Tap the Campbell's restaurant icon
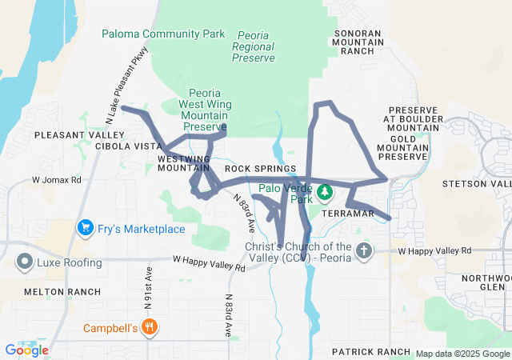pyautogui.click(x=149, y=326)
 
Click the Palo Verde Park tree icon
pyautogui.click(x=324, y=192)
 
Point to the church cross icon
pyautogui.click(x=364, y=251)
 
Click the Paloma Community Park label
pyautogui.click(x=163, y=34)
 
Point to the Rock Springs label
pyautogui.click(x=261, y=169)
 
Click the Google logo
pyautogui.click(x=26, y=350)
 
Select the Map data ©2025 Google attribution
pyautogui.click(x=462, y=354)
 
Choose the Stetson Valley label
pyautogui.click(x=478, y=185)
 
